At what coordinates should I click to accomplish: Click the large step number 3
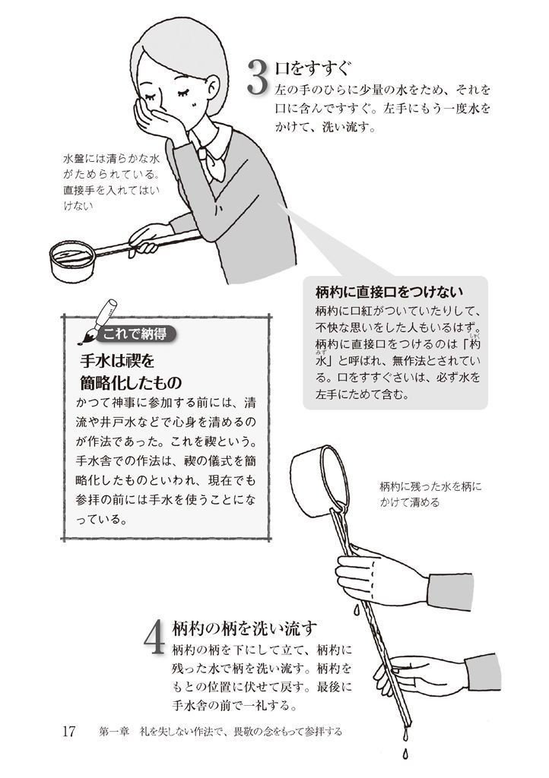coord(258,77)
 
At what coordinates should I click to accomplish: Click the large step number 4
coord(154,638)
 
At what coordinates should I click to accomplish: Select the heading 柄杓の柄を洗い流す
coord(244,628)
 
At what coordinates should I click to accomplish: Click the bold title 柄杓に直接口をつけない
coord(389,292)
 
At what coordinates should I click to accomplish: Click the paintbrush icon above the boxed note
coord(97,321)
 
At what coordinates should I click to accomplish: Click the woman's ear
coord(211,90)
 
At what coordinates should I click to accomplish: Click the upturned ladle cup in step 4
coord(318,480)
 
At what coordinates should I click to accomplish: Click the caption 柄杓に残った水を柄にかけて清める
coord(430,494)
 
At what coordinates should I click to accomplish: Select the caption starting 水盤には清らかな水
coord(112,182)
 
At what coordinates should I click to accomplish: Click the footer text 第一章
coord(113,732)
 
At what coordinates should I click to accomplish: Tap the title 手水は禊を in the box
coord(117,361)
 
